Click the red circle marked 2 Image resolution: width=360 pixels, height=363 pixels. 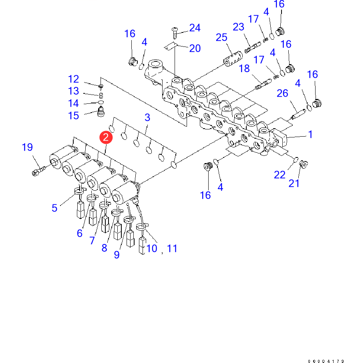[106, 137]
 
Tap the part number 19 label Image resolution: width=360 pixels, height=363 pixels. [27, 147]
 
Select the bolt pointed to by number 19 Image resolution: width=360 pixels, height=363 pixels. [37, 172]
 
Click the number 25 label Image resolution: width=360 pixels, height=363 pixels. [221, 38]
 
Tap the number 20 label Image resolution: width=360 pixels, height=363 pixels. [195, 48]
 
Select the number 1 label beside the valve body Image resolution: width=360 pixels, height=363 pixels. [310, 135]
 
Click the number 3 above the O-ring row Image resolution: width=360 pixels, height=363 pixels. [147, 117]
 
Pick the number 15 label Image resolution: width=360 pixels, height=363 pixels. [73, 116]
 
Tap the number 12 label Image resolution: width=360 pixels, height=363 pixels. [73, 79]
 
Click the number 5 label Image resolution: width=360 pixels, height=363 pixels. [54, 208]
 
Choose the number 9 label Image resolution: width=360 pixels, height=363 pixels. [117, 255]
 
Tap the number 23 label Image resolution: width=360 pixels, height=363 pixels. [238, 27]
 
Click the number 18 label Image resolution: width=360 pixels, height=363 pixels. [244, 69]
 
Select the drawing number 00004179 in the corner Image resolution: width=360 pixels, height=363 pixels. [326, 361]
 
